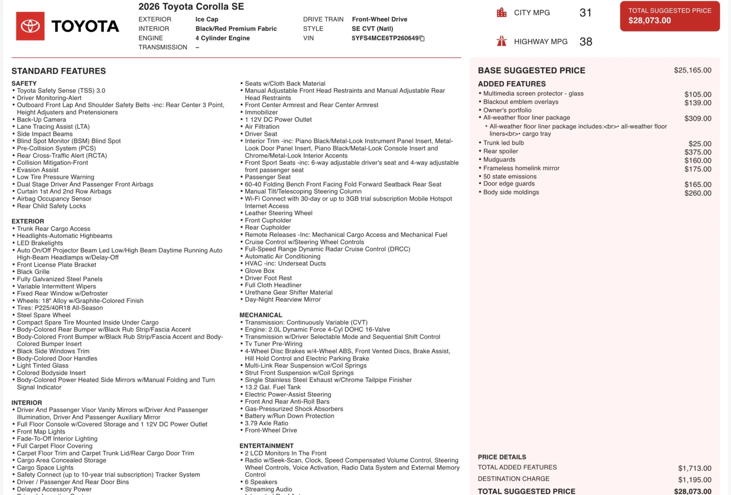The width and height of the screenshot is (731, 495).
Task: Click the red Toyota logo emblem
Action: (x=30, y=26)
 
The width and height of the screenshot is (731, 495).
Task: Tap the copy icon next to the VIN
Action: (x=422, y=38)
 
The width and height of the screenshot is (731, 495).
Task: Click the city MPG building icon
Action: (x=502, y=12)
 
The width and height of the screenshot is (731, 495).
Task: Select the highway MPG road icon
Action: (x=502, y=42)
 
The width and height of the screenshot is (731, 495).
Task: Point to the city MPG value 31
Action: (x=585, y=13)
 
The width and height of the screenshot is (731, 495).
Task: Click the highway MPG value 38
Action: (x=586, y=42)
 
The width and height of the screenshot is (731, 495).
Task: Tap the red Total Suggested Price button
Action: (x=669, y=16)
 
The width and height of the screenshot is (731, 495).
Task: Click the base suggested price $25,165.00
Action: (x=692, y=70)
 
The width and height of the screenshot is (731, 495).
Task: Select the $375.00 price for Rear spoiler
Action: (x=698, y=152)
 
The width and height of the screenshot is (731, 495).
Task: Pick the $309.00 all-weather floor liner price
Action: (x=698, y=119)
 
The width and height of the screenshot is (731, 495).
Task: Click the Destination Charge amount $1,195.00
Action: (x=694, y=480)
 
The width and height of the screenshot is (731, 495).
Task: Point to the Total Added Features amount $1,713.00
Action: (x=694, y=469)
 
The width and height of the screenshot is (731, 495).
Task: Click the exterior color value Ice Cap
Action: (x=207, y=19)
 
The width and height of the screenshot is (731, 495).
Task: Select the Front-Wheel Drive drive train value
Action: (x=379, y=19)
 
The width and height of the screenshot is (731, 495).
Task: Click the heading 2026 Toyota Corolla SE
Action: (x=191, y=6)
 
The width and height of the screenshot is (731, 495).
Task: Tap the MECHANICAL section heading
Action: (x=261, y=315)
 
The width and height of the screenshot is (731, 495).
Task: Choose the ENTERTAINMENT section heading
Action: (x=266, y=446)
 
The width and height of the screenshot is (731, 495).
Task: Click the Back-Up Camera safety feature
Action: (x=42, y=120)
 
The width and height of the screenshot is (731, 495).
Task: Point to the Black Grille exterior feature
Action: (x=33, y=272)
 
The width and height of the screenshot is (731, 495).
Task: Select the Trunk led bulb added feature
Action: (x=503, y=143)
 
